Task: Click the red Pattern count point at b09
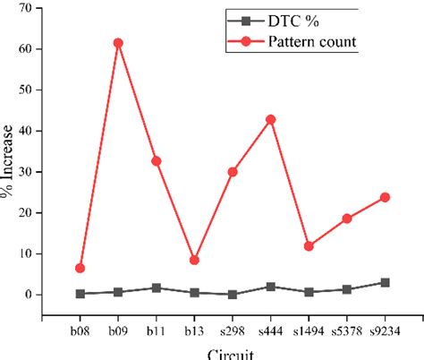tap(118, 43)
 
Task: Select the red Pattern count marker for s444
tap(270, 119)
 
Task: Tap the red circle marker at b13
tap(194, 261)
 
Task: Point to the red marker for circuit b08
tap(81, 268)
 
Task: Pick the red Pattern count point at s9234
tap(385, 197)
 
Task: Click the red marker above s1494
tap(309, 246)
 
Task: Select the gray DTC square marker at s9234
tap(385, 282)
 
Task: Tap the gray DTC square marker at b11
tap(157, 288)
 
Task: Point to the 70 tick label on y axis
tap(36, 8)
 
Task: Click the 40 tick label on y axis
tap(36, 131)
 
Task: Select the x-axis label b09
tap(118, 330)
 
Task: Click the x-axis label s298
tap(233, 330)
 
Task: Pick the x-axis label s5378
tap(346, 330)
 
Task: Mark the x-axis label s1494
tap(309, 330)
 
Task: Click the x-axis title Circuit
tap(232, 353)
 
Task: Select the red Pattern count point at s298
tap(233, 172)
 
